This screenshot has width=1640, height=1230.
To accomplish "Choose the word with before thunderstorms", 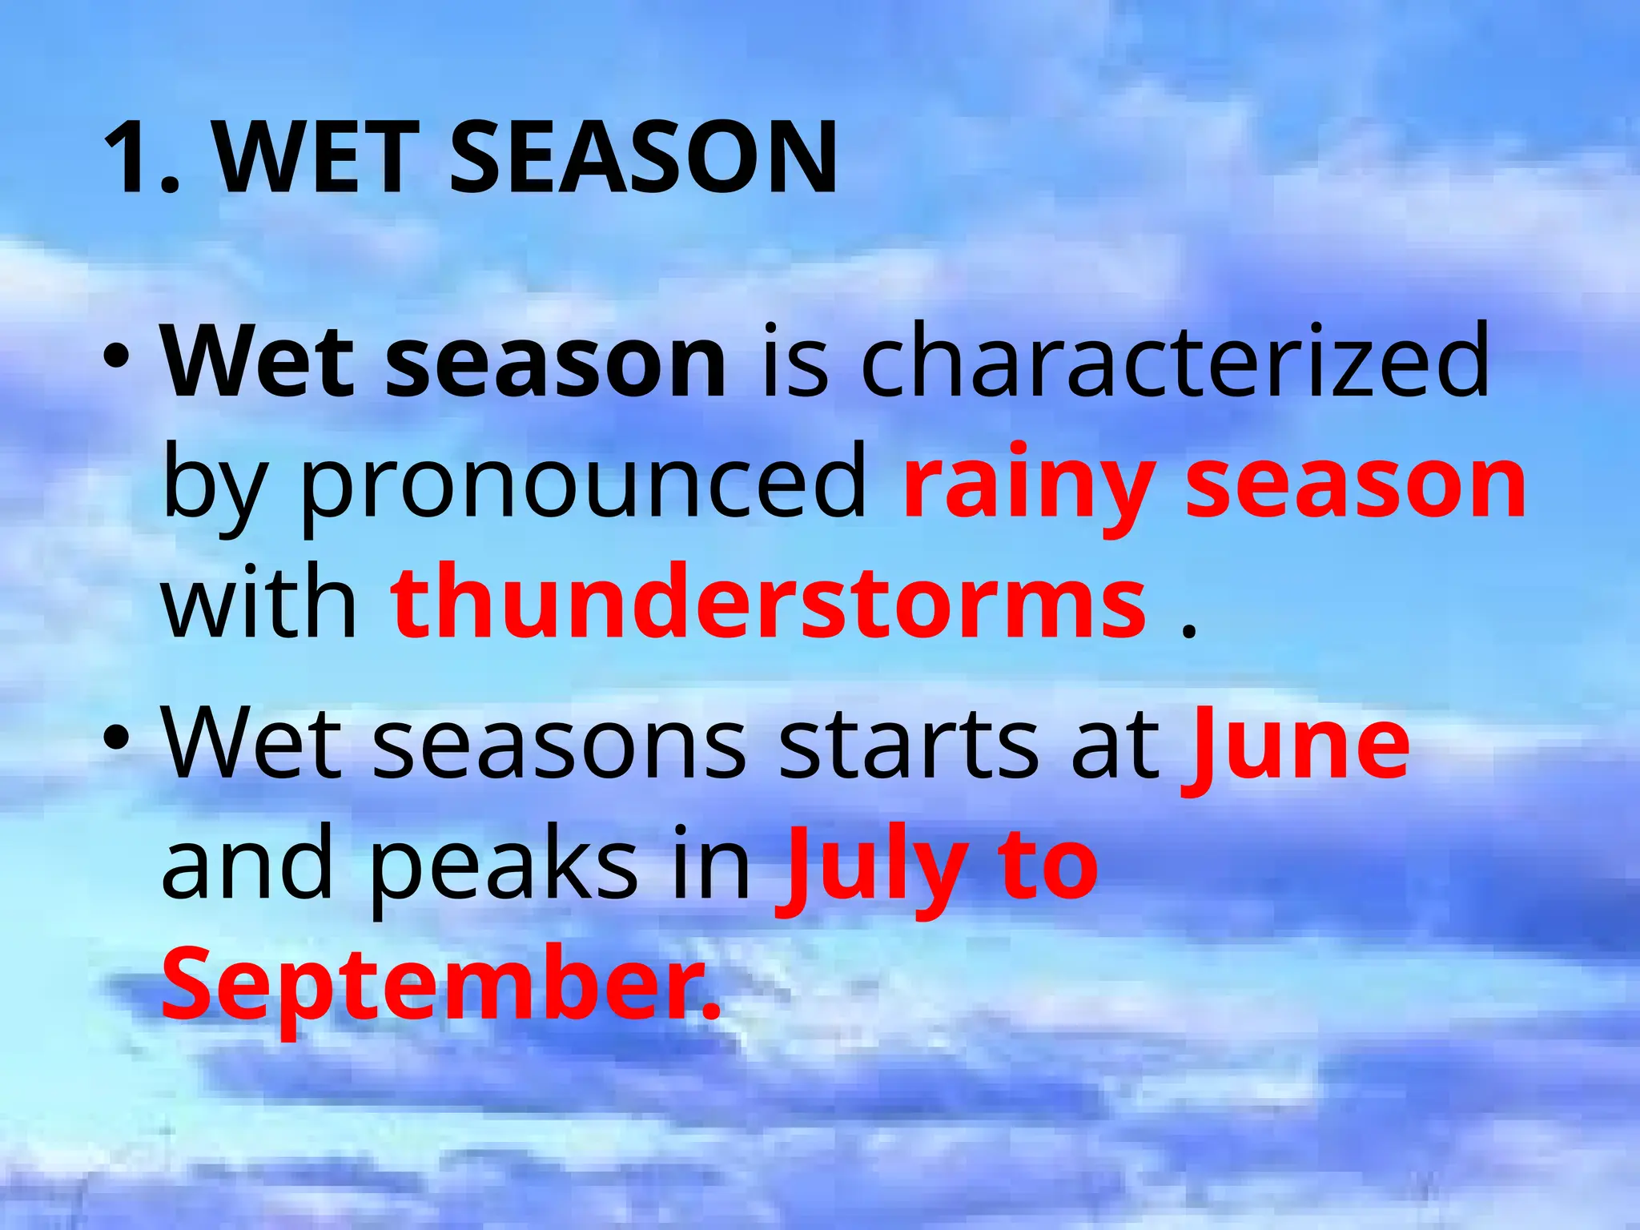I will click(x=259, y=603).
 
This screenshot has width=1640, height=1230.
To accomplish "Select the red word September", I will click(x=440, y=987).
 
